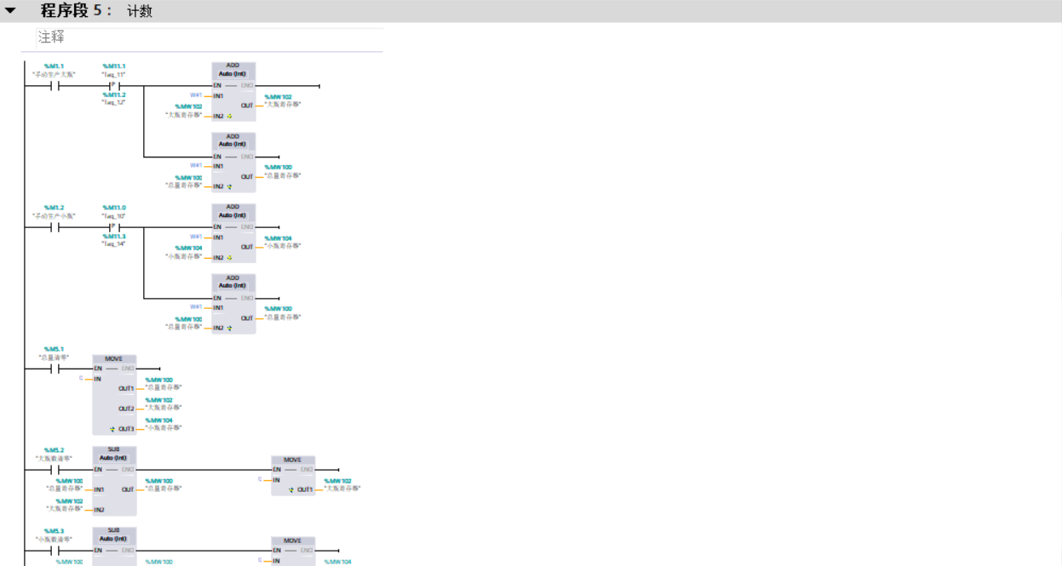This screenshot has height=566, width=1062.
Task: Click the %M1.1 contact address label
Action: coord(54,66)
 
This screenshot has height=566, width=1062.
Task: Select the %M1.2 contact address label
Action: coord(54,208)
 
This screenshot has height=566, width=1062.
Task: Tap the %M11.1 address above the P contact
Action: coord(113,66)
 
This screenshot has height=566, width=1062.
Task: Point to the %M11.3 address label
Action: coord(113,237)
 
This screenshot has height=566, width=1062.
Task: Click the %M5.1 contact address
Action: coord(54,349)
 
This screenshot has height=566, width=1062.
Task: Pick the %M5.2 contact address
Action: coord(54,450)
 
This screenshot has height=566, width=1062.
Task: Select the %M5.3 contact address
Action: coord(54,531)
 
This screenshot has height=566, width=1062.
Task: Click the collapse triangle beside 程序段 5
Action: coord(10,11)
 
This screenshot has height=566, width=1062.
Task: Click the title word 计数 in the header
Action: coord(140,12)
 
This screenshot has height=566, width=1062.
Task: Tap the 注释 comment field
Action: coord(51,37)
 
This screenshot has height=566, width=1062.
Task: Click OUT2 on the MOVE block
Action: coord(126,409)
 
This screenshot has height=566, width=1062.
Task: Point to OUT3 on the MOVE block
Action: coord(126,429)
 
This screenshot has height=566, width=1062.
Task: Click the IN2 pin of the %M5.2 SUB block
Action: coord(100,510)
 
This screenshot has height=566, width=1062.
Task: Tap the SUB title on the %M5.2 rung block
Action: coord(113,449)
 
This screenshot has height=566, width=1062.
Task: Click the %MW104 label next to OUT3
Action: coord(158,420)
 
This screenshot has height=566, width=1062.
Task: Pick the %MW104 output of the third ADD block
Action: coord(278,238)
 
